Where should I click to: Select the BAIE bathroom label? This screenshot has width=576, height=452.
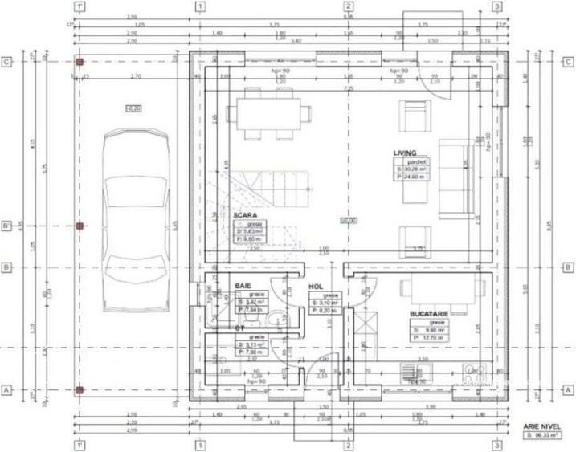tap(243, 285)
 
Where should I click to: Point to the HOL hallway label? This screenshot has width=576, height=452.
tap(316, 286)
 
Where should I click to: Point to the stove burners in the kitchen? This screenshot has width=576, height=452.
tap(473, 373)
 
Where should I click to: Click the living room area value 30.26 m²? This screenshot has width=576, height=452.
tap(414, 169)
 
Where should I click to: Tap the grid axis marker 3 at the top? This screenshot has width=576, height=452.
tap(498, 7)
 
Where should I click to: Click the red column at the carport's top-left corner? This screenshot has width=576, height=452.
tap(79, 61)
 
